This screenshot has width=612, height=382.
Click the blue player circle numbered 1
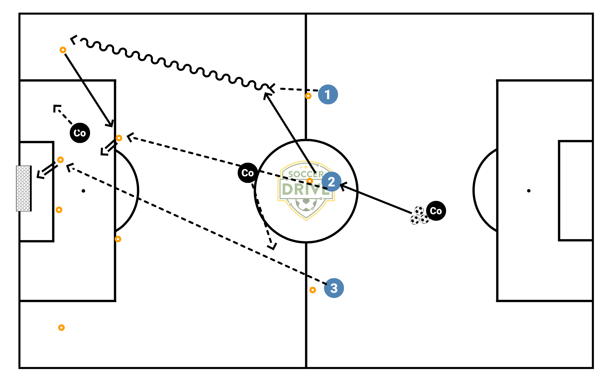pyautogui.click(x=328, y=94)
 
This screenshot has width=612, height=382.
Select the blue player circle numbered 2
pyautogui.click(x=331, y=182)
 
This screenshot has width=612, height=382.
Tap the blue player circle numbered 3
pyautogui.click(x=334, y=288)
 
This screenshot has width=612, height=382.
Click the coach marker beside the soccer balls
pyautogui.click(x=436, y=211)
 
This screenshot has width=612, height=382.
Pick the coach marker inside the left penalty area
pyautogui.click(x=80, y=133)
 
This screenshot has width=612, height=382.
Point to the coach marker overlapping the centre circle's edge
pyautogui.click(x=248, y=173)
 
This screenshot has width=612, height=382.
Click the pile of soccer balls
pyautogui.click(x=419, y=216)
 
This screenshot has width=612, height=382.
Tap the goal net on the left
pyautogui.click(x=24, y=188)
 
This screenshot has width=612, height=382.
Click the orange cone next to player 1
pyautogui.click(x=308, y=96)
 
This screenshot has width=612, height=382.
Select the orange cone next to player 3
pyautogui.click(x=313, y=290)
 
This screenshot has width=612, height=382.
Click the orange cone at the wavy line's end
pyautogui.click(x=63, y=50)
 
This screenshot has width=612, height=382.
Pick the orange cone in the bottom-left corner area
pyautogui.click(x=61, y=328)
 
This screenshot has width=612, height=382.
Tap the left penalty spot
pyautogui.click(x=83, y=191)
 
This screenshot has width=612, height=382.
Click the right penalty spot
pyautogui.click(x=529, y=191)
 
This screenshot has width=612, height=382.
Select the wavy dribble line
pyautogui.click(x=172, y=63)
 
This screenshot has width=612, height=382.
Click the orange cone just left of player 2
pyautogui.click(x=310, y=181)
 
